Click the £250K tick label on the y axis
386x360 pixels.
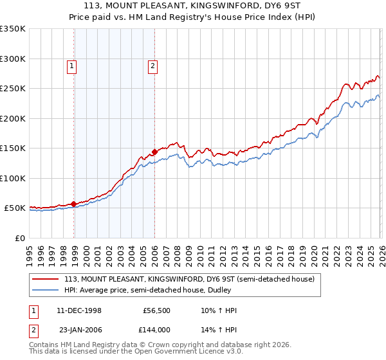click(13, 89)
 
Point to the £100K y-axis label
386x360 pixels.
click(13, 178)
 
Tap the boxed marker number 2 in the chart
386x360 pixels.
click(152, 65)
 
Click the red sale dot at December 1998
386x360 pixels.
click(74, 204)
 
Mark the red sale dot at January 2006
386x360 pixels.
click(154, 152)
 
